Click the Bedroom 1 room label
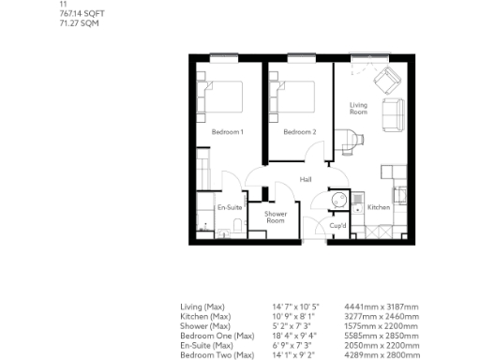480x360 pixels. click(228, 132)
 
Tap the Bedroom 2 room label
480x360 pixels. click(300, 132)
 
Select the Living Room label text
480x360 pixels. click(358, 109)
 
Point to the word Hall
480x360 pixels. click(305, 179)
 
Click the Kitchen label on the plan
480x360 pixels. click(378, 207)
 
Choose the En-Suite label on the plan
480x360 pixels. click(230, 207)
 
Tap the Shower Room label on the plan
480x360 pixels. click(276, 217)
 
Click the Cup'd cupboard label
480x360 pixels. click(338, 226)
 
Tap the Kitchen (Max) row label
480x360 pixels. click(205, 316)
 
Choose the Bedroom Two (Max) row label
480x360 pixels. click(217, 355)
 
